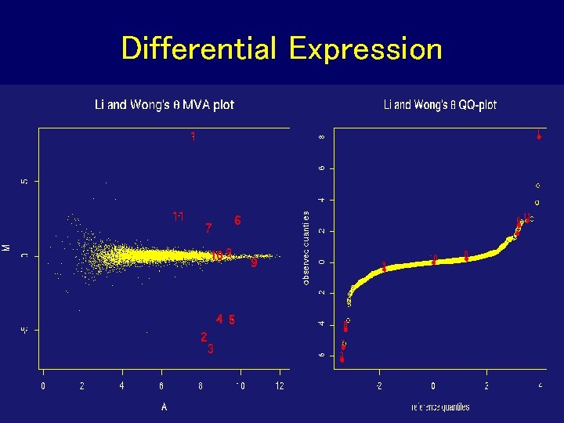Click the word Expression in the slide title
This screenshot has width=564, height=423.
click(x=365, y=49)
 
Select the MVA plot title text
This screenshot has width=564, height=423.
click(x=164, y=104)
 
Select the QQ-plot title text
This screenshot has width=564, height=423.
click(x=440, y=104)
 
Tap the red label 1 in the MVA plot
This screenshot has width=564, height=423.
click(x=193, y=137)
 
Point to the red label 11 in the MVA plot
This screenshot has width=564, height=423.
click(x=179, y=216)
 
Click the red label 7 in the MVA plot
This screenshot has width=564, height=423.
click(x=208, y=229)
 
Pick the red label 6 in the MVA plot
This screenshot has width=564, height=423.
click(x=237, y=221)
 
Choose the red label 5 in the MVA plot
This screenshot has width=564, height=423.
click(x=232, y=320)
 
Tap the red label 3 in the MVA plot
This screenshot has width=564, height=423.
click(x=211, y=349)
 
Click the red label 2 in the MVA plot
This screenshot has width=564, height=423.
click(x=204, y=337)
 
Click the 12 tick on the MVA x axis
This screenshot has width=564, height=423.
click(x=280, y=386)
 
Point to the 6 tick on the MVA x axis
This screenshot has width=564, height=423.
click(x=161, y=386)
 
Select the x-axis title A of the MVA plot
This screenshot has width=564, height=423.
click(x=164, y=407)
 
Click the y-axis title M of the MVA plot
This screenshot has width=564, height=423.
click(x=7, y=248)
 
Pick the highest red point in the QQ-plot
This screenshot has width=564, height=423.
click(x=539, y=137)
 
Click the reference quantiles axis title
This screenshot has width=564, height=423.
click(x=440, y=407)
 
